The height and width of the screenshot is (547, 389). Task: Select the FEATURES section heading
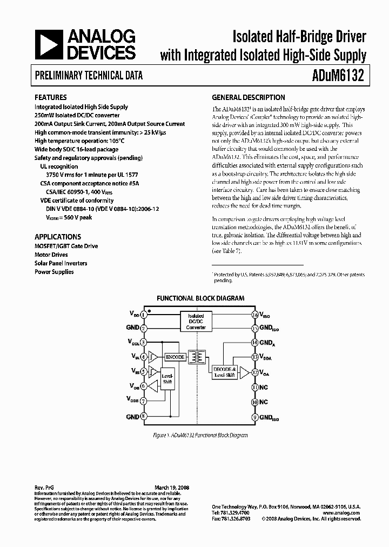(x=51, y=98)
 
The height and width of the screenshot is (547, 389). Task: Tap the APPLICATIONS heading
(x=58, y=237)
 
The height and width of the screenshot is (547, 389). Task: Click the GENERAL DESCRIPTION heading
(x=249, y=98)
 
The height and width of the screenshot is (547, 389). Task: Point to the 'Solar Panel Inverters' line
(x=61, y=263)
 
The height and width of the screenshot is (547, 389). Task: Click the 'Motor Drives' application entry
(x=51, y=255)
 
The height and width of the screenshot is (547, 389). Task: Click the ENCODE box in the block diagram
(x=175, y=357)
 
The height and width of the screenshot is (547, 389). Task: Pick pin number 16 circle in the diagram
(x=254, y=314)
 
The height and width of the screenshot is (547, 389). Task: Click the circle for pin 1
(x=144, y=314)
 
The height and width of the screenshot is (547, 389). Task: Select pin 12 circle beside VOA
(x=254, y=372)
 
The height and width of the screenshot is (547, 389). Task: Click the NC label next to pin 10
(x=264, y=402)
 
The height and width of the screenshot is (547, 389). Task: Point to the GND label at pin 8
(x=133, y=417)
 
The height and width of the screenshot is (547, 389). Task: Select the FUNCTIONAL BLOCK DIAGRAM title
(x=200, y=298)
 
